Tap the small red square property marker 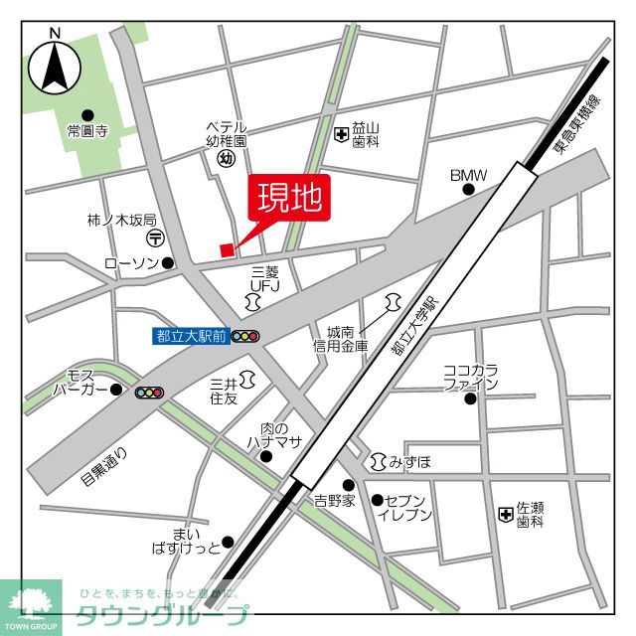click(228, 249)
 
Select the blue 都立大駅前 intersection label click(191, 336)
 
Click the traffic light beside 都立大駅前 click(245, 336)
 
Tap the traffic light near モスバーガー click(150, 393)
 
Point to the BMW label click(468, 176)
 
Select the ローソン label click(132, 263)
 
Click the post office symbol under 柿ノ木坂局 click(157, 238)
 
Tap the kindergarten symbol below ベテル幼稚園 click(226, 158)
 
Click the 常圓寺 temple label click(86, 131)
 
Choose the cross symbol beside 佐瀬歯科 click(505, 514)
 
